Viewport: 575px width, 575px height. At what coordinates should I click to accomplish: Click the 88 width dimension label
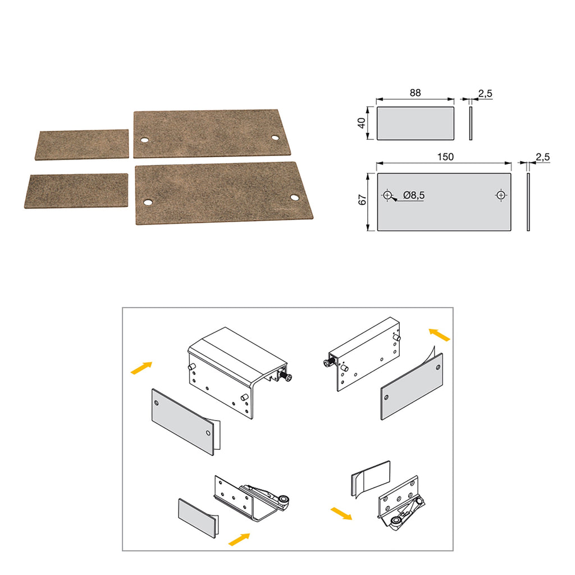tap(415, 93)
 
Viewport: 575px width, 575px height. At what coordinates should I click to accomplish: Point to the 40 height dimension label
tap(362, 123)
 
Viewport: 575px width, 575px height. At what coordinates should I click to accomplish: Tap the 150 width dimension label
tap(445, 157)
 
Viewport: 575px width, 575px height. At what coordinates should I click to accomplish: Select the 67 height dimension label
tap(362, 200)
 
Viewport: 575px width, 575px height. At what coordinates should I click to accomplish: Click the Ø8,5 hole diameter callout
tap(414, 195)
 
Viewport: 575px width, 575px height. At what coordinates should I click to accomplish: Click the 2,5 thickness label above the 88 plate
tap(485, 94)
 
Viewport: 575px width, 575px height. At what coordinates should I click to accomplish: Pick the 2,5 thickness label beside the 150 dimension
tap(543, 157)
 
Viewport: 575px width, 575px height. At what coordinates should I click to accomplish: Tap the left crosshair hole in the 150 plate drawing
tap(387, 195)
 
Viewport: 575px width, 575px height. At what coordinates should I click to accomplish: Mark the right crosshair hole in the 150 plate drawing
tap(500, 195)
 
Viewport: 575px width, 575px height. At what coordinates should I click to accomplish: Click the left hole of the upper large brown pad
tap(144, 140)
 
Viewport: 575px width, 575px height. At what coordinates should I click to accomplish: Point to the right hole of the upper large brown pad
tap(275, 138)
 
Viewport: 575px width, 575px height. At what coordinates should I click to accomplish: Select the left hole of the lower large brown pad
tap(148, 202)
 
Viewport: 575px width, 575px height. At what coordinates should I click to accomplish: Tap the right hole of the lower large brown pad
tap(294, 198)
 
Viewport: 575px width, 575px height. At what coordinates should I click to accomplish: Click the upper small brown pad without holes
tap(83, 144)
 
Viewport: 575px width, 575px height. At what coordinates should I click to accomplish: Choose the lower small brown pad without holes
tap(76, 191)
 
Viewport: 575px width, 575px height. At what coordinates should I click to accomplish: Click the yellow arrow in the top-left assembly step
tap(141, 368)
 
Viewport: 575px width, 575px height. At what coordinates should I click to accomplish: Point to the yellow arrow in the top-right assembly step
tap(439, 335)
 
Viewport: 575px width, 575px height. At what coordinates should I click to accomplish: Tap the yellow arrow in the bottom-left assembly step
tap(239, 540)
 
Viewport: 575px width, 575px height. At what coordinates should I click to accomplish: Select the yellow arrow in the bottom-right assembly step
tap(341, 513)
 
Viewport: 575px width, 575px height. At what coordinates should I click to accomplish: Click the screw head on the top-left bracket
tap(289, 377)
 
